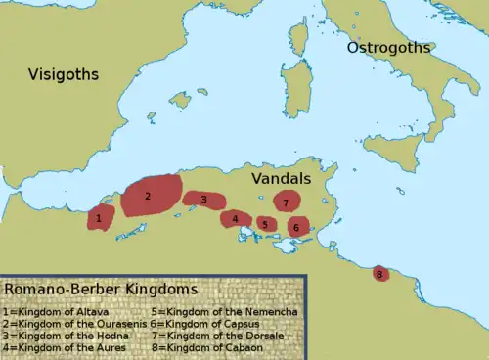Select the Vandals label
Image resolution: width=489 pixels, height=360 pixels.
coord(281,179)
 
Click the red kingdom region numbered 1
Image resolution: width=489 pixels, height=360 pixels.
coord(99,217)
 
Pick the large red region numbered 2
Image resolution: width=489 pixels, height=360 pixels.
coord(150,196)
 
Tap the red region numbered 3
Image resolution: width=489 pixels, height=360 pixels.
coord(203,200)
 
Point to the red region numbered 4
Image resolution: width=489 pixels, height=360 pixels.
coord(236,219)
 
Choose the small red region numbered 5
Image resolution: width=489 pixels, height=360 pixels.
coord(265,224)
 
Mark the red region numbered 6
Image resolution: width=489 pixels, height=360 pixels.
coord(296,227)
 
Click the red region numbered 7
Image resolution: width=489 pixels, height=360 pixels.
coord(286,202)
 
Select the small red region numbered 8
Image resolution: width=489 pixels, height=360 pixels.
coord(379,274)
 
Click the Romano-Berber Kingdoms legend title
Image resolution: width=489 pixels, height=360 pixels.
coord(101,291)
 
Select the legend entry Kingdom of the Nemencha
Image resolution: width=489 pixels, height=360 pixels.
coord(219,310)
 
